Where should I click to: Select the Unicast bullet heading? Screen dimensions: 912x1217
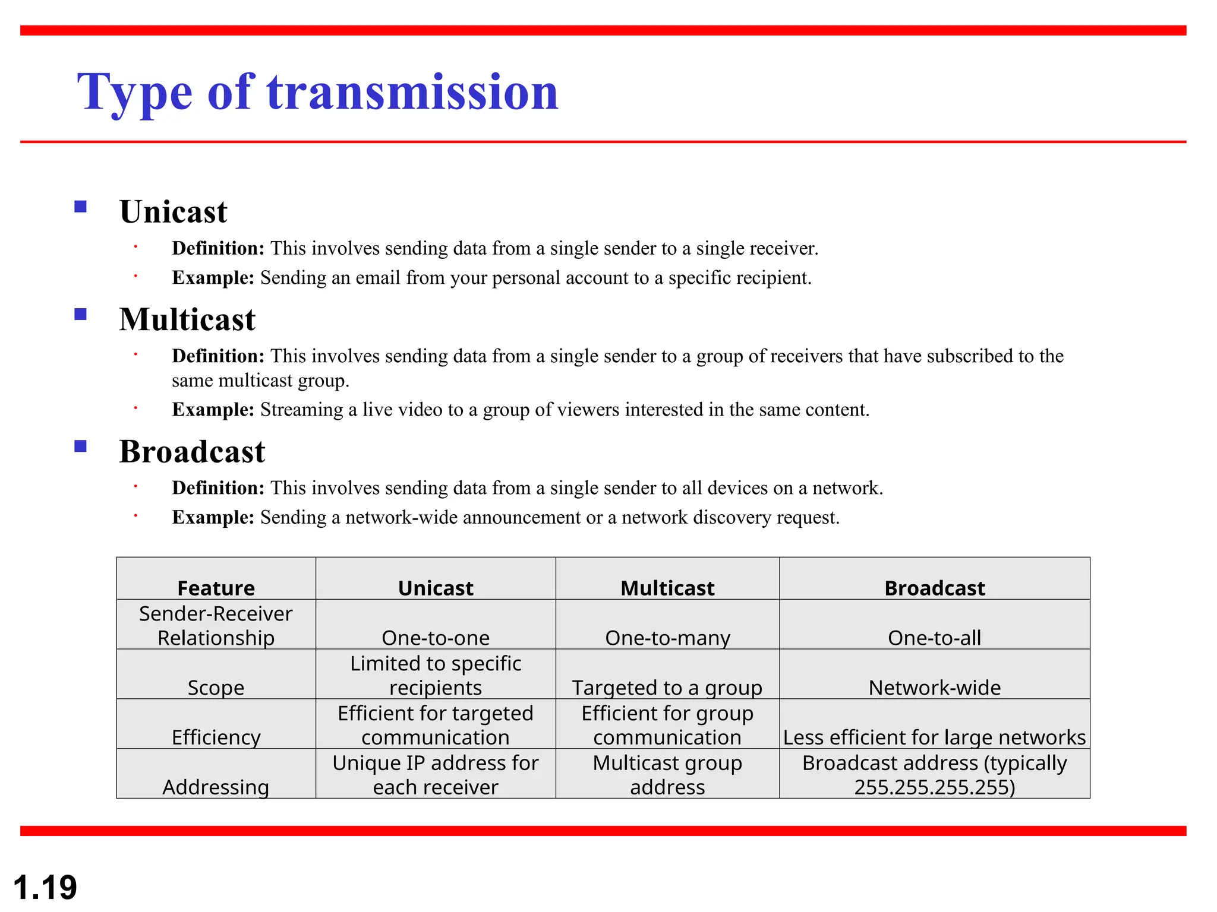point(173,212)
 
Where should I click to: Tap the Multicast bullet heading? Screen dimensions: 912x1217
point(187,320)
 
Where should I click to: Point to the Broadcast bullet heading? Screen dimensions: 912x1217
point(192,452)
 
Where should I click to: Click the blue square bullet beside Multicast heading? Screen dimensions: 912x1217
point(81,314)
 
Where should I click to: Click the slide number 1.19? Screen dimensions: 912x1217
point(45,887)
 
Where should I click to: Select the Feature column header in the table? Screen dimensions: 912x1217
point(216,588)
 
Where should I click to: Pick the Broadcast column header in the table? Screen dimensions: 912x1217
point(934,588)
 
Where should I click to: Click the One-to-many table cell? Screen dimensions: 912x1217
point(667,638)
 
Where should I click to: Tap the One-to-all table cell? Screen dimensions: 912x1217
point(934,638)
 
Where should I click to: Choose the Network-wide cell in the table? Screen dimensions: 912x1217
point(934,688)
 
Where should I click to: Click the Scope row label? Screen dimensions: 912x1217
point(216,688)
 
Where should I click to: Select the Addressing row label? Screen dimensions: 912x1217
point(216,787)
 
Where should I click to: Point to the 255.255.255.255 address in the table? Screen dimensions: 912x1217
point(934,787)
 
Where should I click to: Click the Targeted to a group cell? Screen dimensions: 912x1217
point(667,688)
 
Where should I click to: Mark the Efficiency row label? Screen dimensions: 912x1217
point(216,737)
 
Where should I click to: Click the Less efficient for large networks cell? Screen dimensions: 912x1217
point(934,737)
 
